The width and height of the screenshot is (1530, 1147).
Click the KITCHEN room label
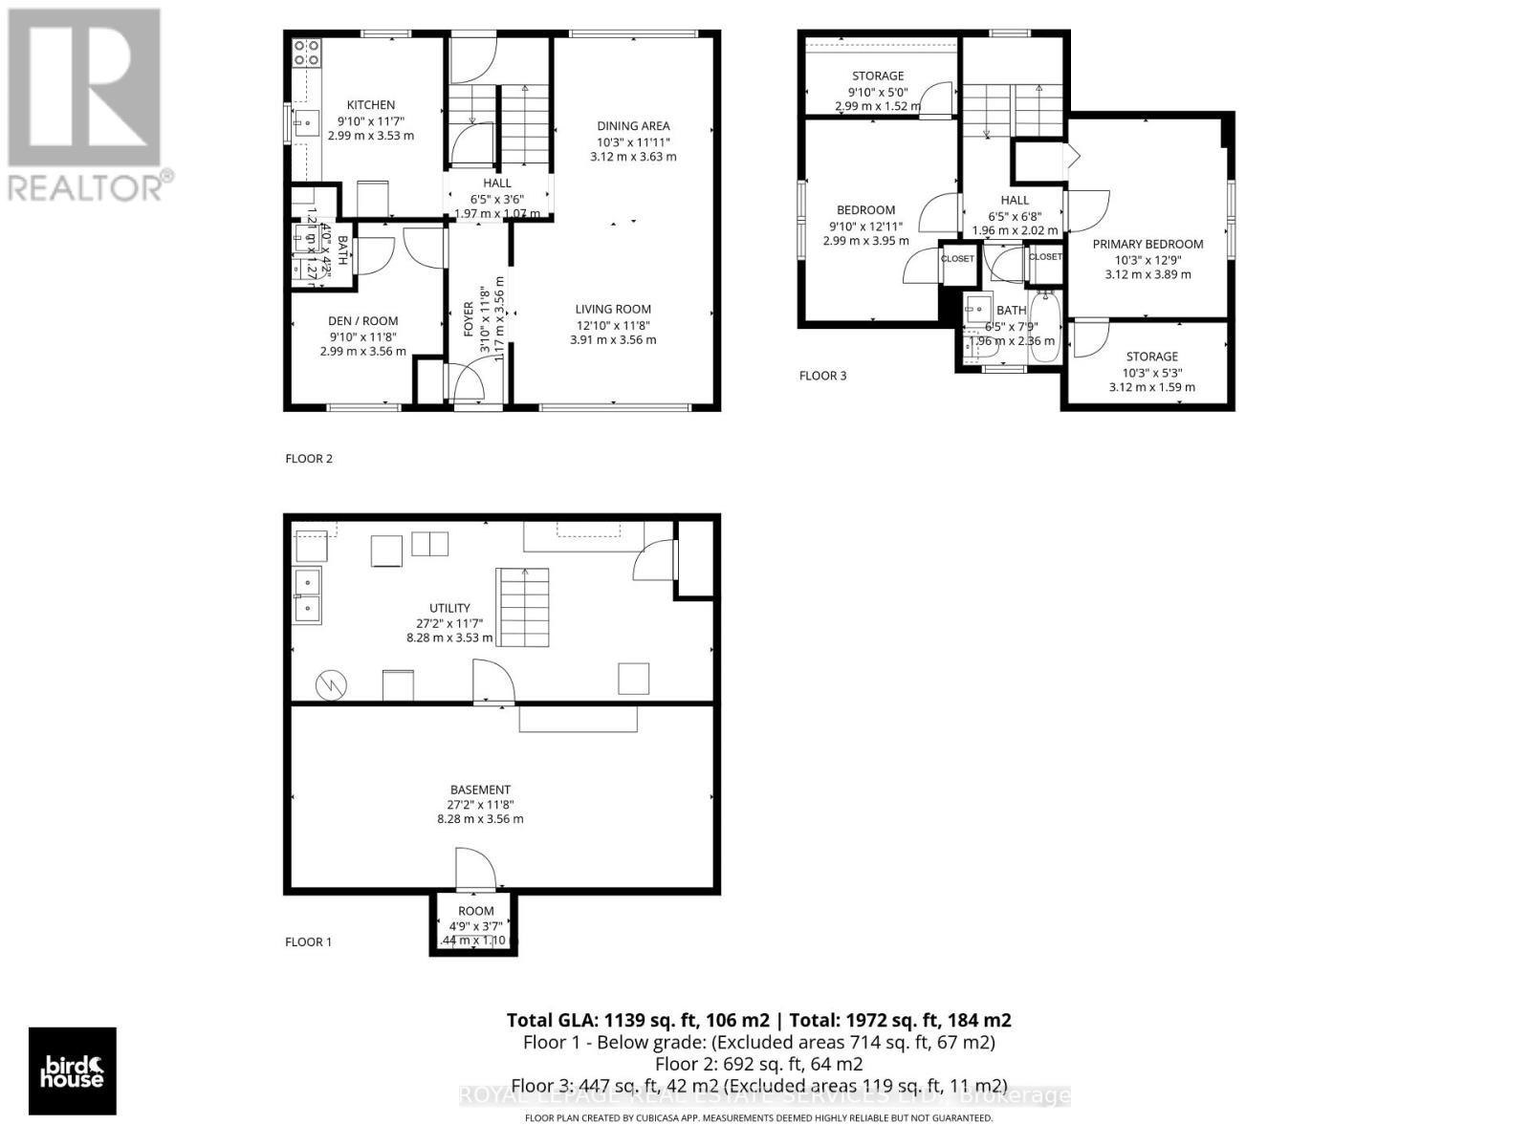click(x=370, y=105)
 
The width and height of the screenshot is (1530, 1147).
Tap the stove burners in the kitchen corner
click(x=306, y=52)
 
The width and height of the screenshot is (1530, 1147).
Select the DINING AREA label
click(x=633, y=126)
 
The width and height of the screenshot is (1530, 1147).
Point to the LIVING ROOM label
click(x=613, y=309)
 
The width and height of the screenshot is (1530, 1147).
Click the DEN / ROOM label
click(x=363, y=321)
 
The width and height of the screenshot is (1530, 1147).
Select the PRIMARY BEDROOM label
click(x=1147, y=244)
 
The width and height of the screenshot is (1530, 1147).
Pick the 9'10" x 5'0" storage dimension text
click(x=877, y=92)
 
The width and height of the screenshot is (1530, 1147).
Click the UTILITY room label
click(x=449, y=608)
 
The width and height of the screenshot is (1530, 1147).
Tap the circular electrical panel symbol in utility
click(x=332, y=684)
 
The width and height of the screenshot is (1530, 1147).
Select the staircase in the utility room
click(x=522, y=607)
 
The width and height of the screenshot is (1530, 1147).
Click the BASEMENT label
click(x=480, y=790)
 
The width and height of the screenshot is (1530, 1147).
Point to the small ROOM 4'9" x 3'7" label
click(x=475, y=911)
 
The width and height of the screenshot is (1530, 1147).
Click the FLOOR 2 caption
click(x=309, y=459)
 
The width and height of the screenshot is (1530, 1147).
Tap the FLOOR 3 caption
click(x=822, y=376)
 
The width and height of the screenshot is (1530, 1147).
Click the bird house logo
click(x=73, y=1071)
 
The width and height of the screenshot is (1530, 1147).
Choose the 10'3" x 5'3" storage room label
click(x=1151, y=357)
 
